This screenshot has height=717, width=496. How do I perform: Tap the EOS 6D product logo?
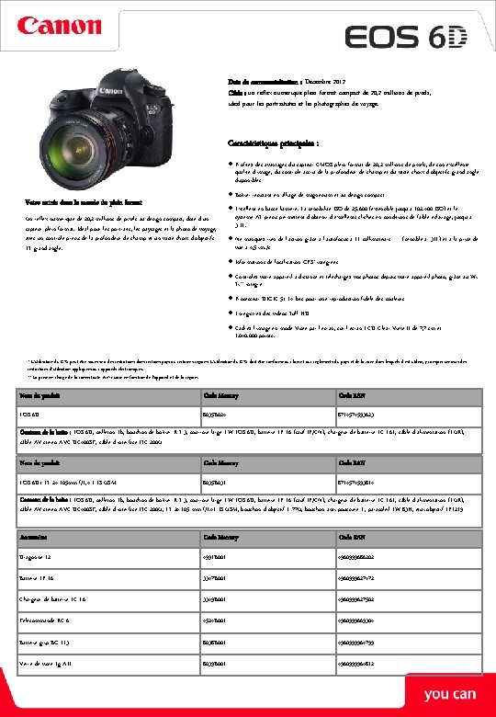(406, 37)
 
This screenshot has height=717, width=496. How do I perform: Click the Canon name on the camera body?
(111, 90)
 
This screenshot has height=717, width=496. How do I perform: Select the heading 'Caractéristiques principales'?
(274, 144)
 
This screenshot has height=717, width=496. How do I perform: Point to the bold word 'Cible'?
(237, 93)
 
